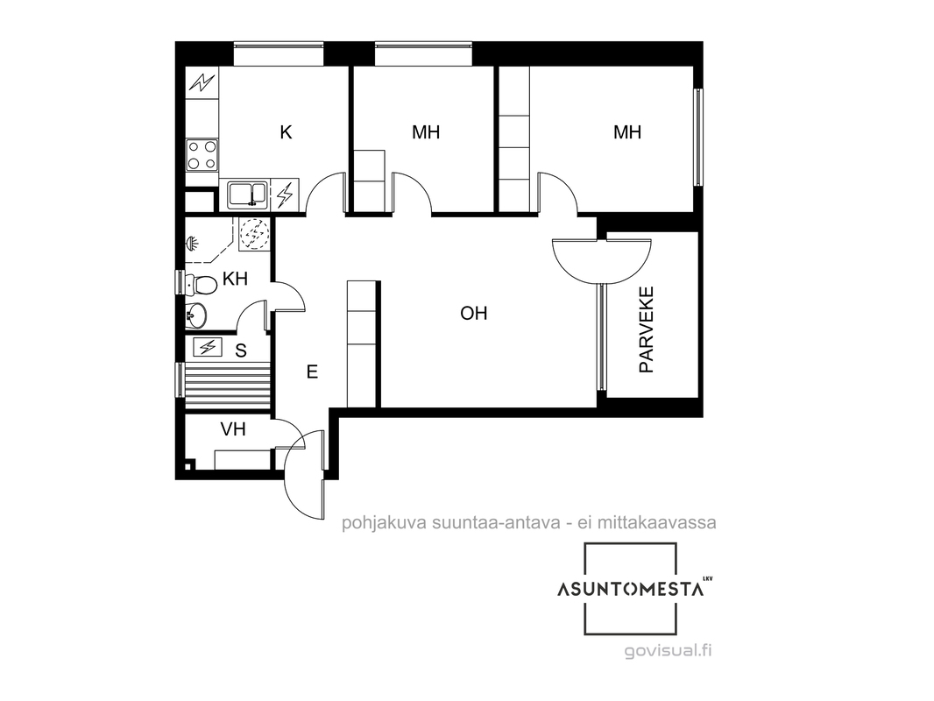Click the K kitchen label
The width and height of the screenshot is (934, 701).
286,132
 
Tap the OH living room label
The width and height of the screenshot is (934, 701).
473,314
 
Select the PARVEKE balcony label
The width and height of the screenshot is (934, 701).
647,329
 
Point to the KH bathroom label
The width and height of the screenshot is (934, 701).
235,278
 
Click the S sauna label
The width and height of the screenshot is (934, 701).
241,350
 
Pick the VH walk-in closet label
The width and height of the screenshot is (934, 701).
233,428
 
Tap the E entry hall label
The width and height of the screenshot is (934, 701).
312,372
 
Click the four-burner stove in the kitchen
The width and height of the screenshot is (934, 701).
202,155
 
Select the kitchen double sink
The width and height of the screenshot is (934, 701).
248,195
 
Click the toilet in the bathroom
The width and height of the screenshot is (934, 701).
201,285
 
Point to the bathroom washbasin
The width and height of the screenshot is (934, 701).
195,314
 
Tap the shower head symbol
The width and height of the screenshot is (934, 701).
192,243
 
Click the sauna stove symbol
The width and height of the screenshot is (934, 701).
208,347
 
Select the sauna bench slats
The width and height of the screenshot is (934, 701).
227,387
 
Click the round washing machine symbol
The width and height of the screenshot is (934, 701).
254,233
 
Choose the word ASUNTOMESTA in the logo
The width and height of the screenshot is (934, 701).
631,589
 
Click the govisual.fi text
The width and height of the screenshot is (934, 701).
668,650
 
